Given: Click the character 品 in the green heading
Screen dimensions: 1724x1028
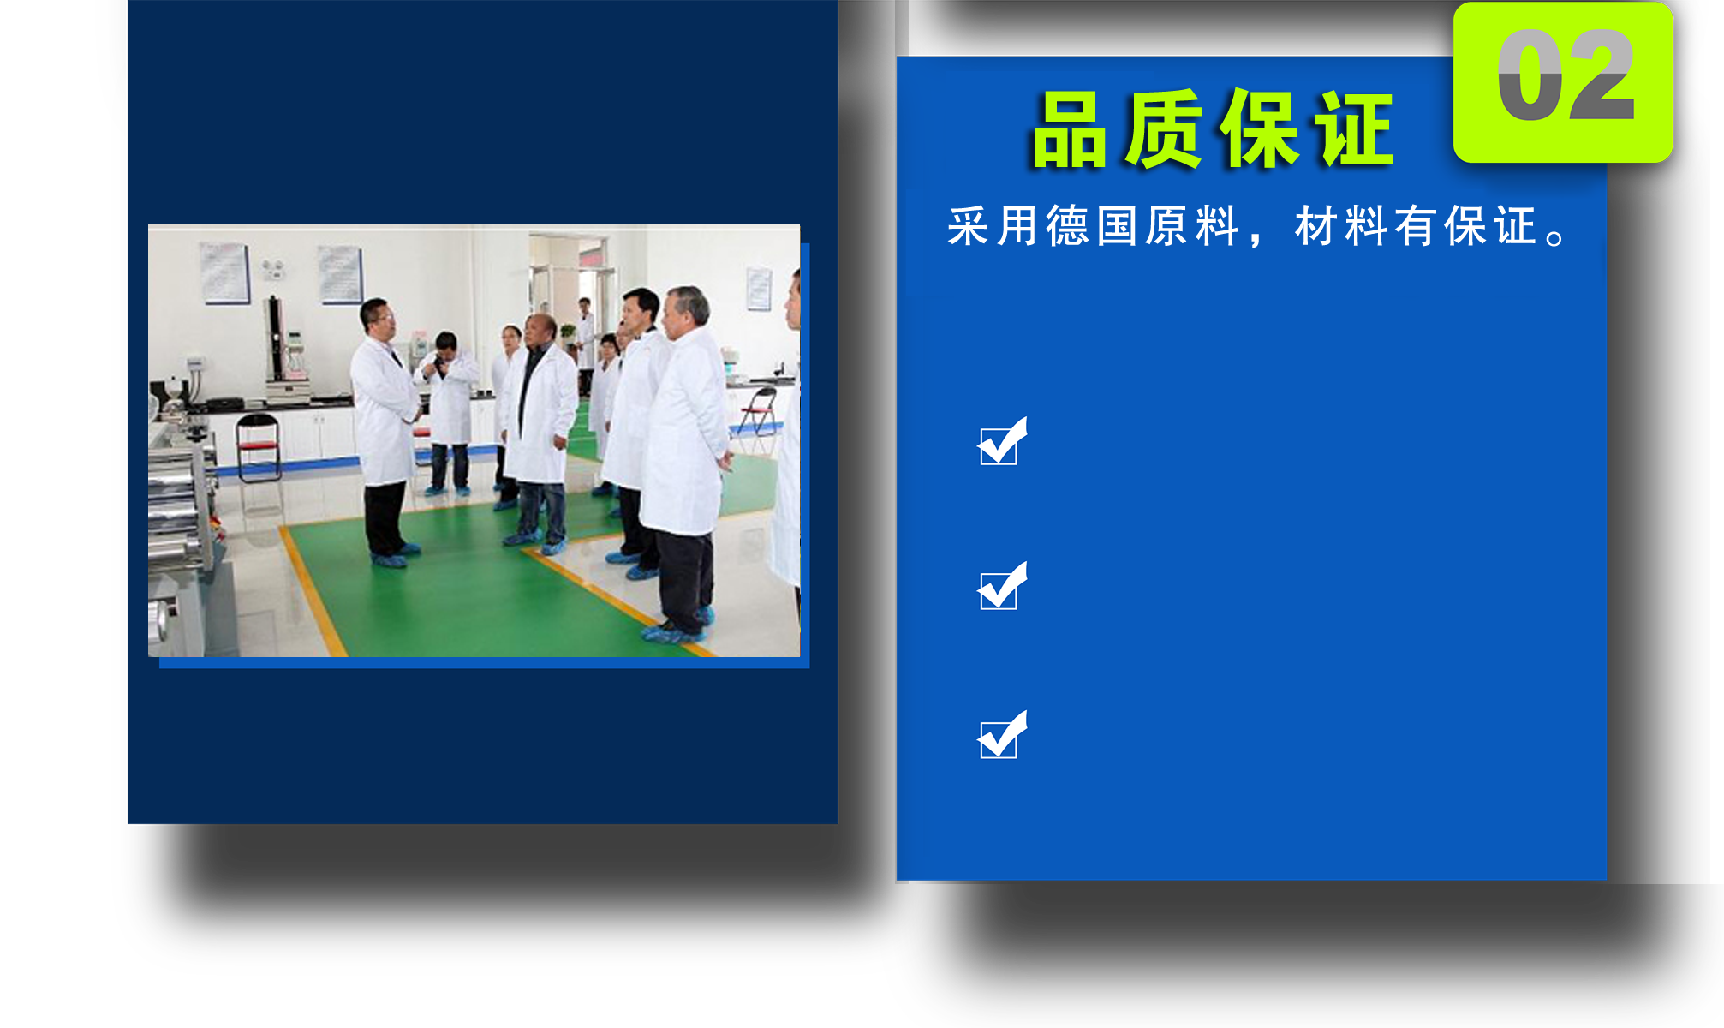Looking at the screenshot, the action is [1071, 130].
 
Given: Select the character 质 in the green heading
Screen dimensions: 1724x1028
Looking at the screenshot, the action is [1163, 130].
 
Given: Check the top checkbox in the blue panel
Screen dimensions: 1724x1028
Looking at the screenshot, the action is [1002, 442].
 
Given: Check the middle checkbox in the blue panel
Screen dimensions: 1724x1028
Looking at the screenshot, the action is [1002, 587].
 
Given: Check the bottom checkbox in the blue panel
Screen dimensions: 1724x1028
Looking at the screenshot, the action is [1002, 736].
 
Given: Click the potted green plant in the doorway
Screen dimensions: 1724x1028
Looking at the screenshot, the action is [567, 335].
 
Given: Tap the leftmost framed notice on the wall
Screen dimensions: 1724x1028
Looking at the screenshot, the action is [225, 272].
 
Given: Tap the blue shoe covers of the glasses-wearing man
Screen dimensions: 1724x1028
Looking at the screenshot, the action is [394, 556].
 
